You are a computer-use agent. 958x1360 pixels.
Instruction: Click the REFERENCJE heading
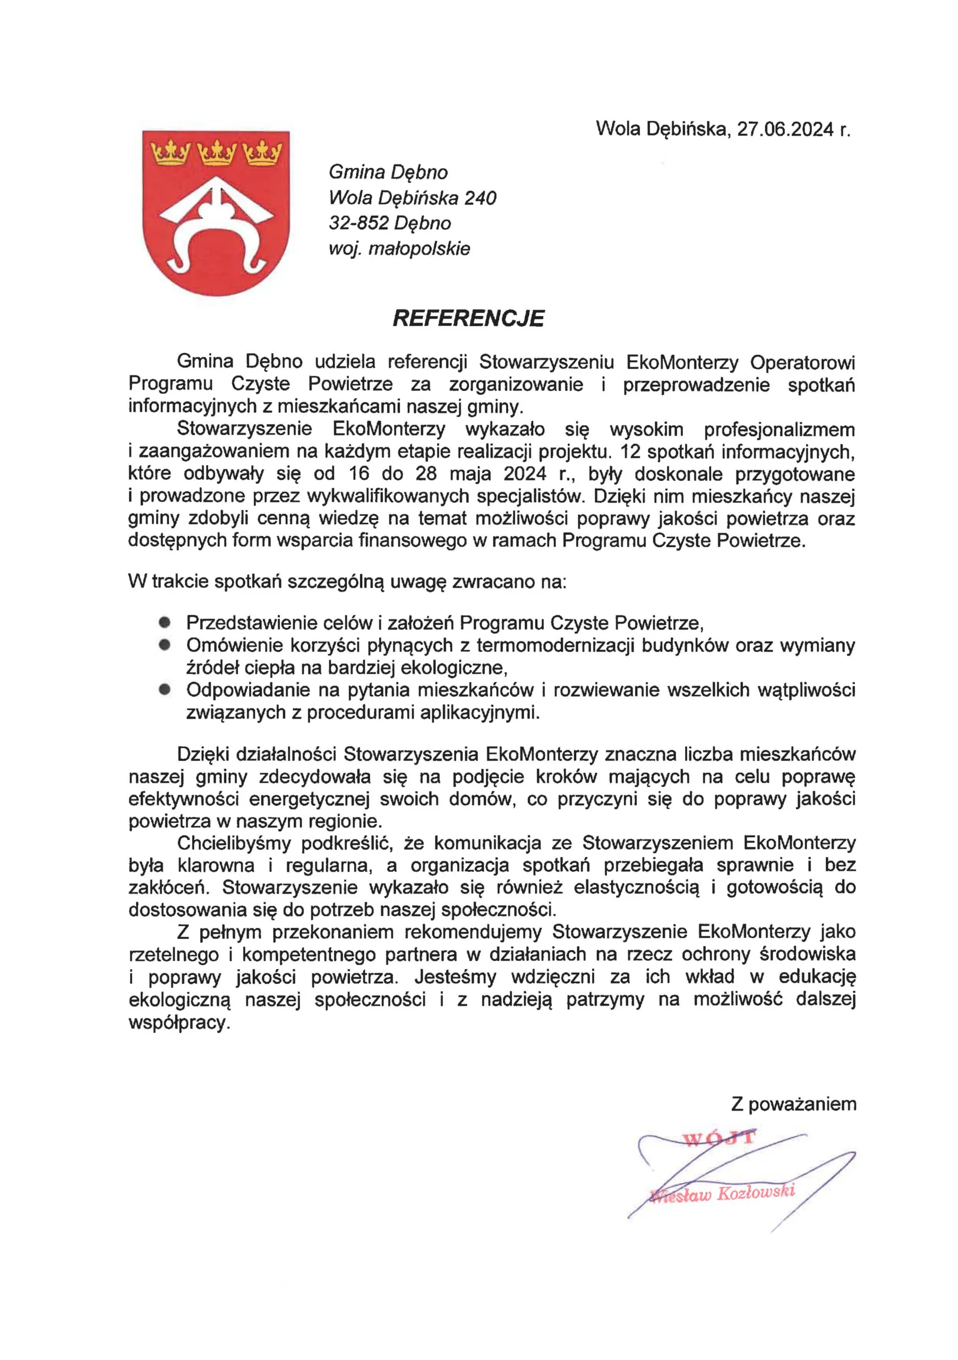tap(468, 319)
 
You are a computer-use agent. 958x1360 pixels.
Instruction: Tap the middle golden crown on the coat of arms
tap(216, 154)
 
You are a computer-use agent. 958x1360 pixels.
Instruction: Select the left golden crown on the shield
tap(169, 154)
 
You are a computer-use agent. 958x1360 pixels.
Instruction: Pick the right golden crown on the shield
tap(262, 154)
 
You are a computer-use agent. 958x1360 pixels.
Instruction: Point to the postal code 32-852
tap(358, 223)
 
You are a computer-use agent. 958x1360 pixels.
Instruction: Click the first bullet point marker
tap(165, 622)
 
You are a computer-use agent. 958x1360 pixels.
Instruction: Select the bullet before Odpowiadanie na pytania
tap(165, 690)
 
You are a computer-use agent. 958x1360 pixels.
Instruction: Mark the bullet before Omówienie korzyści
tap(165, 644)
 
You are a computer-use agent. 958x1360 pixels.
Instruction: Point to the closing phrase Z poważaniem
tap(793, 1104)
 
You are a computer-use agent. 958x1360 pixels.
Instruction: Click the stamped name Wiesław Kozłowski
tap(722, 1193)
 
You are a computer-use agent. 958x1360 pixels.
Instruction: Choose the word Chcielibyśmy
tap(233, 844)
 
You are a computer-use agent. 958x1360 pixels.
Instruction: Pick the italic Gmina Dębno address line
tap(388, 172)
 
